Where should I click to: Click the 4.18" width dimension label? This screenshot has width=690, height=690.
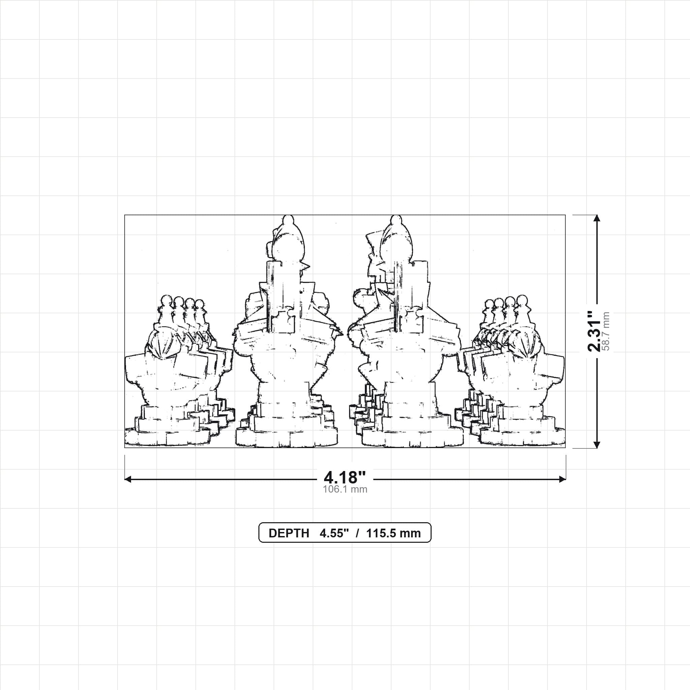(x=345, y=477)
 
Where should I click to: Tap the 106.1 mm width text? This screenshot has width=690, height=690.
(x=345, y=489)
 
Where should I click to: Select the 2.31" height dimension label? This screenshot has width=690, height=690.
(x=595, y=331)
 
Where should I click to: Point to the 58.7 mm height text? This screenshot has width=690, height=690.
(x=606, y=331)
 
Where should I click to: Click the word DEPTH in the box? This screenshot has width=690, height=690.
(x=289, y=533)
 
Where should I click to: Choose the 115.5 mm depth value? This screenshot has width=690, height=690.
(x=394, y=533)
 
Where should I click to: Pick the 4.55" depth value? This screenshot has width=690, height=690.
(x=334, y=533)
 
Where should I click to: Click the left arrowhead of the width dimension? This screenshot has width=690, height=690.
(x=127, y=479)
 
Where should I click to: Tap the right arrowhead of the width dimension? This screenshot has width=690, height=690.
(x=563, y=479)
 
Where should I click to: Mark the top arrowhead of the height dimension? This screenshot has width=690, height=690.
(x=596, y=218)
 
